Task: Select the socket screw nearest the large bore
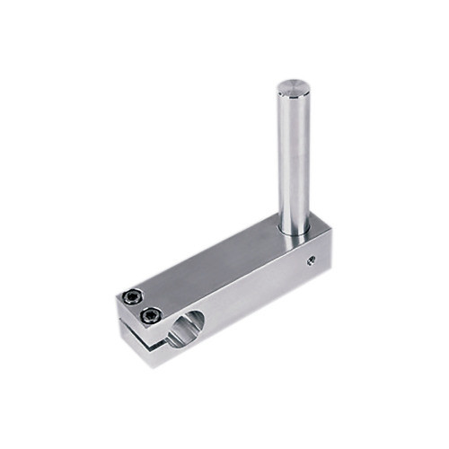pos(151,315)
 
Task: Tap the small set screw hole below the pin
pos(311,260)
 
